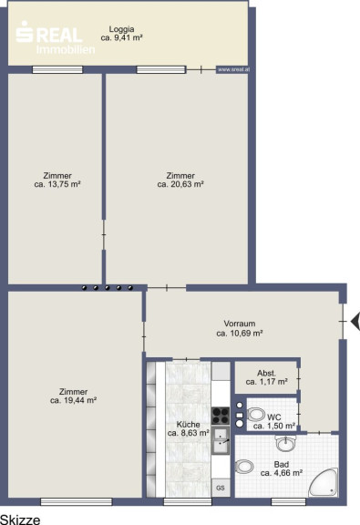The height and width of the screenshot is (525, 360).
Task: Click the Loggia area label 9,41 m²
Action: pos(121,34)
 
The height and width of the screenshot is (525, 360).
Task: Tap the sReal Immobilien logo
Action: pos(56,37)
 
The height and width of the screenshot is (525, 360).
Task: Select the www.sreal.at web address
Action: pos(233,69)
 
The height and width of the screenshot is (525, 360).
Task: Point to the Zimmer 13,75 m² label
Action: pos(57,180)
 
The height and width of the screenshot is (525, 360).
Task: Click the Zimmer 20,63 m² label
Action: pos(180,180)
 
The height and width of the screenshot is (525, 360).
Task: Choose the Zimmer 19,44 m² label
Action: pos(73,396)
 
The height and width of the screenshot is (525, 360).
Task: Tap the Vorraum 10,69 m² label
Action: pos(240,328)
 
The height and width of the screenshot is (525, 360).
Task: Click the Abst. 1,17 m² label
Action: pos(266,377)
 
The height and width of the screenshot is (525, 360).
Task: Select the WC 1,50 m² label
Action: pos(274,422)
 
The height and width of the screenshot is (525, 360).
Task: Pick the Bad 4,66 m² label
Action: pos(282,468)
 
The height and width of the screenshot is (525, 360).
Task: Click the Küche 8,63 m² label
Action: pos(189,428)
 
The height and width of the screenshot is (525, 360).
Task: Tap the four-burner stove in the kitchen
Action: pos(221,416)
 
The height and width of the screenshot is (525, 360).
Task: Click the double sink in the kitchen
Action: pos(221,440)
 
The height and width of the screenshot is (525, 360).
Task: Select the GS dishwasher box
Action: pos(221,488)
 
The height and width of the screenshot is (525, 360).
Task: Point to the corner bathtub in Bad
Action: pos(323,483)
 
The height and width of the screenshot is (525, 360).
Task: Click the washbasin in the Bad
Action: pos(286,443)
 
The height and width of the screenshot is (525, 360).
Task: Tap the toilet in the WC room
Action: pos(256,416)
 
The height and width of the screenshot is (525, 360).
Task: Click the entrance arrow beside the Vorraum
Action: pos(355,322)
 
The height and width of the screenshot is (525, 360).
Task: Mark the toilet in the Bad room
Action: pos(244,467)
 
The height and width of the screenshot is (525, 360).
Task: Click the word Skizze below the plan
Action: pos(20,520)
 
